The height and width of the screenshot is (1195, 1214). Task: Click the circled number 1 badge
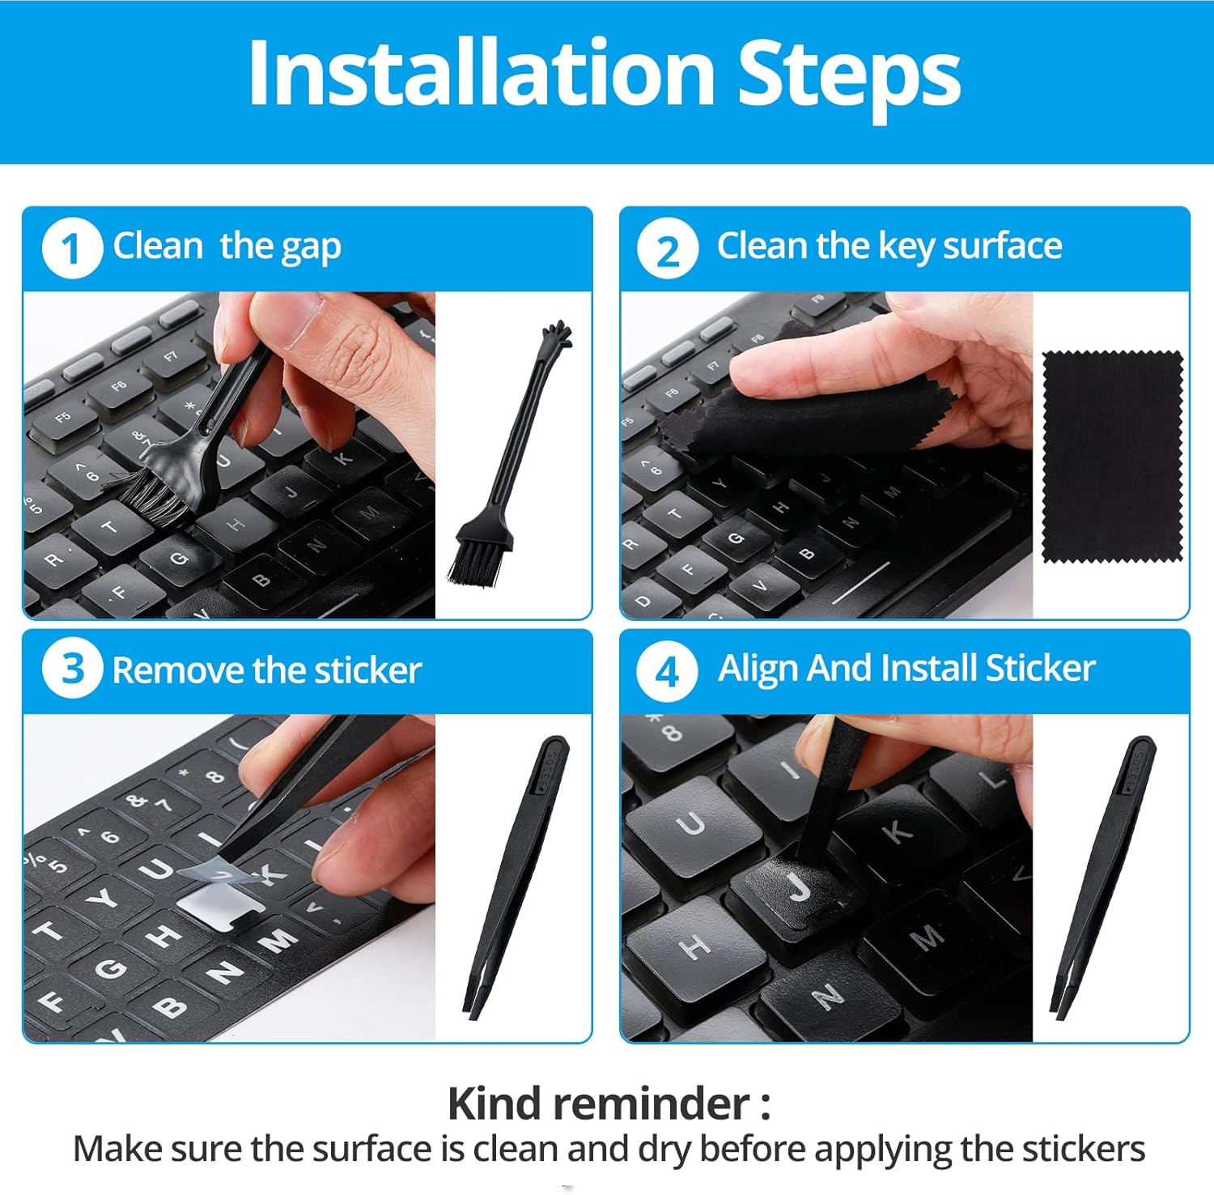pos(72,249)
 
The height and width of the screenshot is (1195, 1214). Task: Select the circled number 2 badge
pos(667,249)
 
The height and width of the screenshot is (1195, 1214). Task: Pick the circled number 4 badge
pos(667,671)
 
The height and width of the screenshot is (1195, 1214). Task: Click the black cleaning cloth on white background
pos(1113,457)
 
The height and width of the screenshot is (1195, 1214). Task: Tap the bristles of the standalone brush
pos(478,555)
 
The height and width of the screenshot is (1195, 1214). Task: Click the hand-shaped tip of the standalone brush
pos(558,334)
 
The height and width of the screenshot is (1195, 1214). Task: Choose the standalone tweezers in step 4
pos(1102,876)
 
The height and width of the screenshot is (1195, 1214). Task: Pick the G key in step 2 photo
pos(735,538)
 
